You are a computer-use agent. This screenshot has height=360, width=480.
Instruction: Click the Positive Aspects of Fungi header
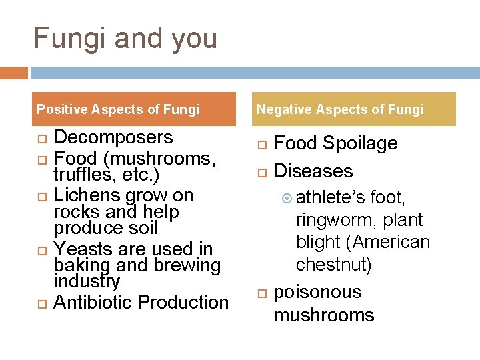point(118,109)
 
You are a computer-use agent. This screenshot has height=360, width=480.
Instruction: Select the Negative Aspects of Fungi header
point(340,109)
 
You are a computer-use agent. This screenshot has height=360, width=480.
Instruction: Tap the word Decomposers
point(113,137)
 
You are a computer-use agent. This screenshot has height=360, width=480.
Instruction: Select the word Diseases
point(313,171)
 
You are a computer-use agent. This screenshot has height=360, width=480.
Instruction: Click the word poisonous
point(317,292)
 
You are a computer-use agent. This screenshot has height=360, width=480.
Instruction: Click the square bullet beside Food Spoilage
point(262,145)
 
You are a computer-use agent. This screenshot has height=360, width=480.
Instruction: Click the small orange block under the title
point(14,73)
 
